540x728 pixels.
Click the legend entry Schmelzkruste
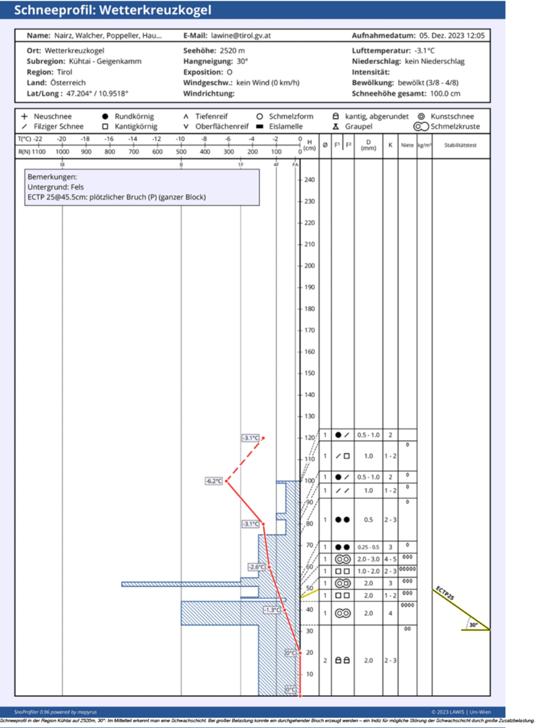(x=455, y=126)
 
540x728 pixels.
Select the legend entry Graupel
(x=358, y=126)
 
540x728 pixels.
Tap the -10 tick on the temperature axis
(x=180, y=139)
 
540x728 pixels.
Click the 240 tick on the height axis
(x=309, y=180)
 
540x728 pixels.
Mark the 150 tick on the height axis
(x=309, y=373)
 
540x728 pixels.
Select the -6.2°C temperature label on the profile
(x=213, y=481)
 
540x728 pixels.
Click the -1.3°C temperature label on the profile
(x=272, y=610)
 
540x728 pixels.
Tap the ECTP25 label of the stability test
(x=445, y=594)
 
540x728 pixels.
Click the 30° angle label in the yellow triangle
(x=473, y=625)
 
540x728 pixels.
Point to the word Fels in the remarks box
(x=71, y=187)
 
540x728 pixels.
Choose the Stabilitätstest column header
(x=461, y=145)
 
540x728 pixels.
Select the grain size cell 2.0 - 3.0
(x=368, y=559)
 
